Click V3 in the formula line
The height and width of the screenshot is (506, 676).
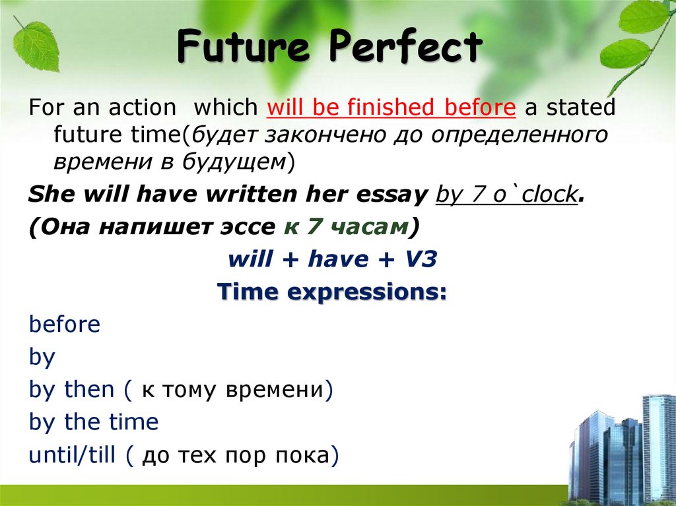pyautogui.click(x=420, y=259)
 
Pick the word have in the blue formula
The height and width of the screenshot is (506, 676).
pyautogui.click(x=337, y=259)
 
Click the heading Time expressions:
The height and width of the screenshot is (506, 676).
pyautogui.click(x=332, y=291)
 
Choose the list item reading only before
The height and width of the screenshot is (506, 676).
pyautogui.click(x=65, y=325)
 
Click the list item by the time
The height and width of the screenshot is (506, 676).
pyautogui.click(x=94, y=422)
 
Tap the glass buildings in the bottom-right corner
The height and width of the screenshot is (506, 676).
pyautogui.click(x=624, y=455)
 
